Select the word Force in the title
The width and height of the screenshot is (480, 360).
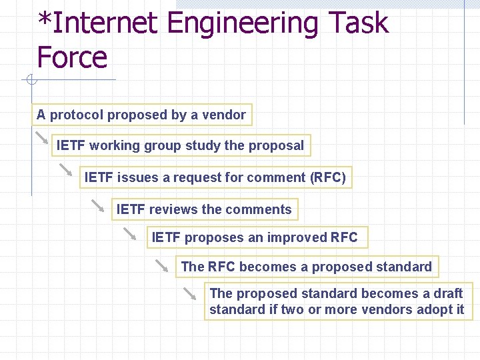coord(72,57)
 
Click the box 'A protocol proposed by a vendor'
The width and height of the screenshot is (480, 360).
coord(141,115)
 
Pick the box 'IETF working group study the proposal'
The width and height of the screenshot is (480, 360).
coord(180,145)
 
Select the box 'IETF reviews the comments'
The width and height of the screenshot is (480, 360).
coord(204,209)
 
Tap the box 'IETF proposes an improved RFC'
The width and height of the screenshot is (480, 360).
coord(255,237)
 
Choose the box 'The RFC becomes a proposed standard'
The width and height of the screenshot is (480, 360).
coord(306,267)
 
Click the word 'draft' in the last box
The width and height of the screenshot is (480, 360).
coord(449,293)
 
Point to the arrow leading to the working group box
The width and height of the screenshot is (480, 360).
coord(42,138)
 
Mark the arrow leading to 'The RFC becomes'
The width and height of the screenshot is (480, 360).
coord(162,265)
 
